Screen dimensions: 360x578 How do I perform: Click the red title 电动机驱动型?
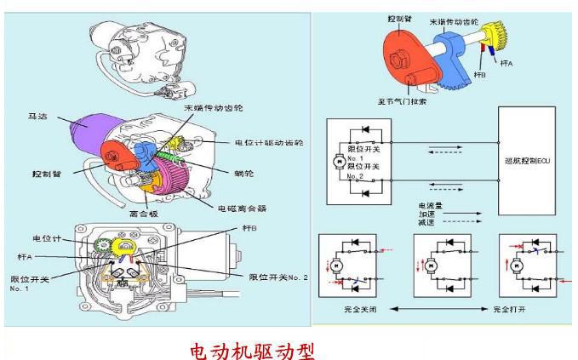251,349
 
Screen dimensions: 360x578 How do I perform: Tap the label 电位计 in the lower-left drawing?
46,237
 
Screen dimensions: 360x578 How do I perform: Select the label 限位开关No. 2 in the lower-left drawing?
278,277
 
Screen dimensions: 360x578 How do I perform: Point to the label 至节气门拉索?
402,104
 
